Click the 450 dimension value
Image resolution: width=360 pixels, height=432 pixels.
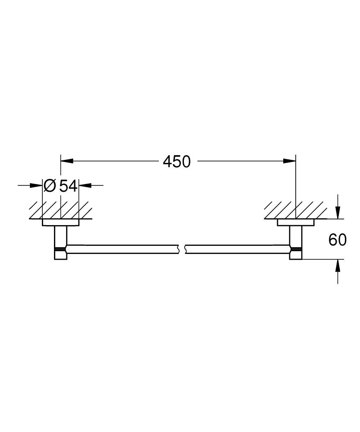pos(177,162)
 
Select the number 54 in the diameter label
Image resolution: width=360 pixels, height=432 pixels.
pos(68,186)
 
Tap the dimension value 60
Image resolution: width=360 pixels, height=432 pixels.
pos(338,240)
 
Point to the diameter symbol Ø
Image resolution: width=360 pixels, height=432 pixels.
pos(50,186)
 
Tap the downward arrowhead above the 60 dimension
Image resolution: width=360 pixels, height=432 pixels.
pos(338,213)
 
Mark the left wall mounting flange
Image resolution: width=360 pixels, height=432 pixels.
pos(60,222)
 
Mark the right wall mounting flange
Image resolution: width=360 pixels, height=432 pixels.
pos(296,222)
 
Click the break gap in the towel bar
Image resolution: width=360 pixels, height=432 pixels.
pos(181,249)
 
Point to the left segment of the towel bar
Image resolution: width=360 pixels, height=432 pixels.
pos(121,249)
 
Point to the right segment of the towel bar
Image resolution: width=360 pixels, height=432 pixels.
pos(237,249)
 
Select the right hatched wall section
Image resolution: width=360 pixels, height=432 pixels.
pos(296,210)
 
